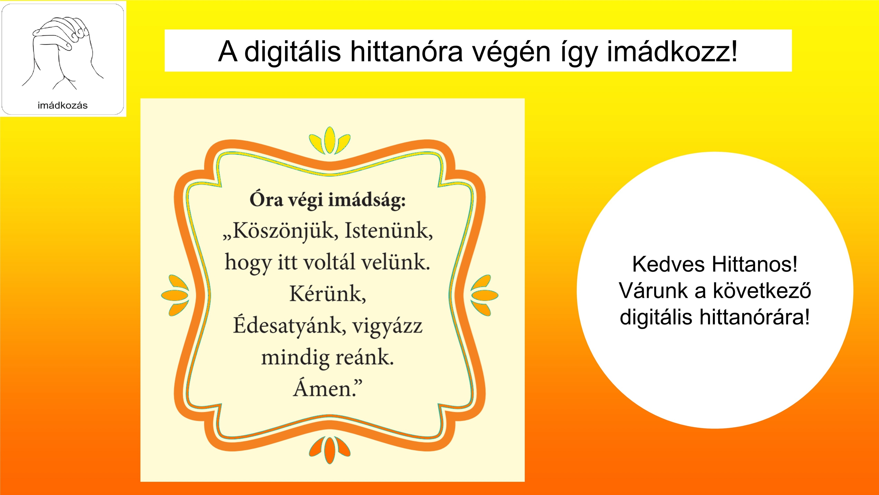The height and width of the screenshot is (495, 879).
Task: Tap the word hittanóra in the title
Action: pos(407,51)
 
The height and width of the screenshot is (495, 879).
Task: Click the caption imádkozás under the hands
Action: pos(63,105)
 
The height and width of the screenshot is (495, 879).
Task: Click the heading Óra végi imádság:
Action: pos(327,200)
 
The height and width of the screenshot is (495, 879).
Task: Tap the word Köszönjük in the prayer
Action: pos(280,232)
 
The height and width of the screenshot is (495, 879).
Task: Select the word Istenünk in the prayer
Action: pos(389,231)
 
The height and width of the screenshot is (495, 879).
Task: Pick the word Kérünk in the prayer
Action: pos(327,294)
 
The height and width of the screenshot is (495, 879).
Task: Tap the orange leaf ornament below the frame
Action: pos(330,449)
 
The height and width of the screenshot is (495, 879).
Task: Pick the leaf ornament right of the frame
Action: pos(484,295)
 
